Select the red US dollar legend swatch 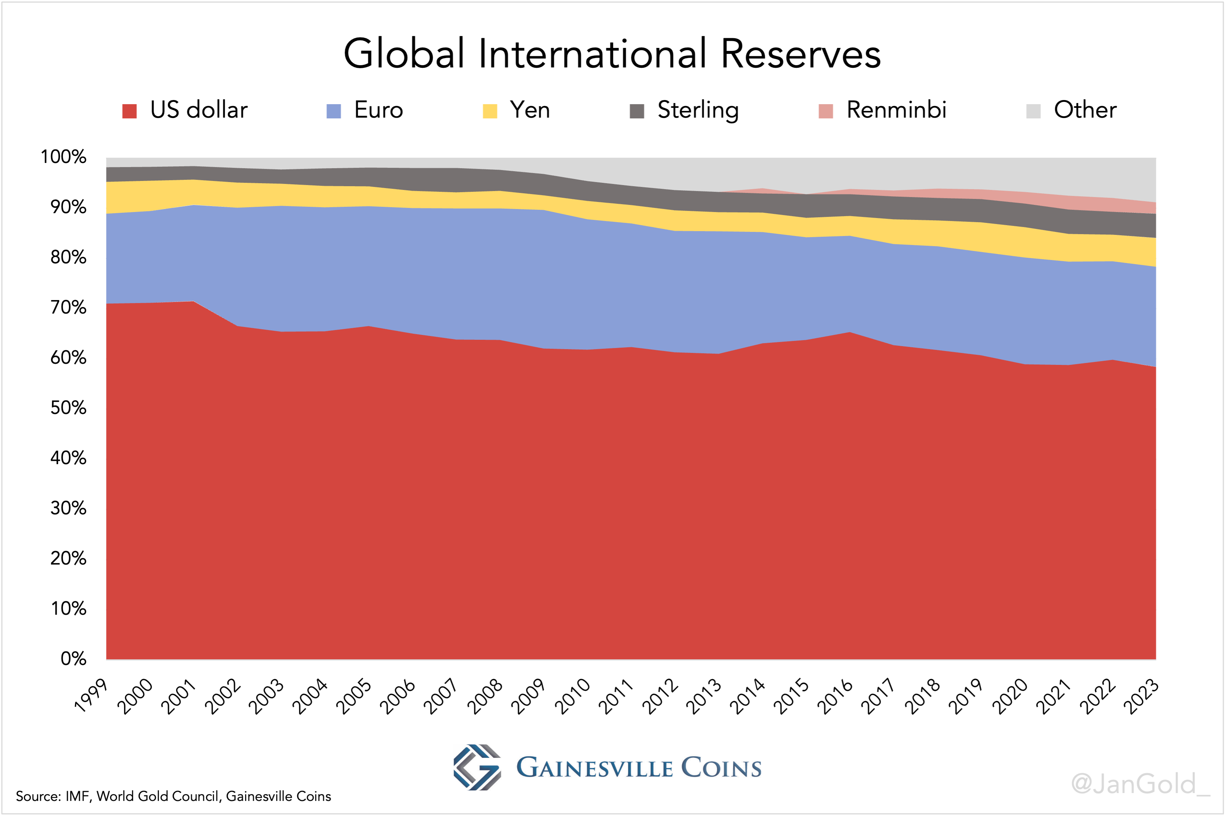pyautogui.click(x=129, y=111)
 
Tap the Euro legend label pyautogui.click(x=378, y=110)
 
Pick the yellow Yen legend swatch pyautogui.click(x=490, y=111)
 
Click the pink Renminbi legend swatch pyautogui.click(x=825, y=111)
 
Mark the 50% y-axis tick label pyautogui.click(x=68, y=408)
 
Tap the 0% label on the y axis pyautogui.click(x=73, y=659)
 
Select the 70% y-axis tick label pyautogui.click(x=68, y=308)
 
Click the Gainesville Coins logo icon pyautogui.click(x=477, y=767)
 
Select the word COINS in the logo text pyautogui.click(x=721, y=768)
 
